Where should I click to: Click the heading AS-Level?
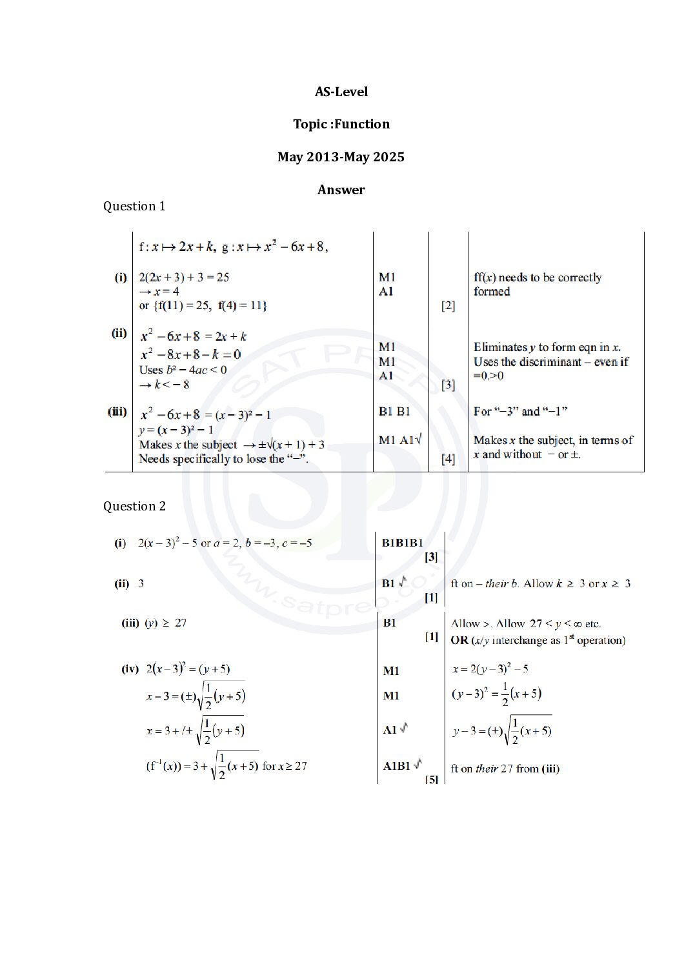click(x=341, y=92)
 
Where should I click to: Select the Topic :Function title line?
click(x=341, y=124)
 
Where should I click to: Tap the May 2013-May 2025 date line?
click(x=341, y=157)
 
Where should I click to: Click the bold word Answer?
click(x=341, y=190)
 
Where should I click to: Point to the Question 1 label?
click(x=134, y=206)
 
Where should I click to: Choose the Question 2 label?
click(x=134, y=506)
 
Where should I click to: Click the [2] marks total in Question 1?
click(x=448, y=305)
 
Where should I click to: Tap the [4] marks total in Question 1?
click(x=448, y=459)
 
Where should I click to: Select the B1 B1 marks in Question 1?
click(x=394, y=412)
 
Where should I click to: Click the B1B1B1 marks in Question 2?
click(x=402, y=543)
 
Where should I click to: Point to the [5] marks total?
click(x=432, y=779)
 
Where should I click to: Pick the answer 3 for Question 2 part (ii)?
click(x=141, y=583)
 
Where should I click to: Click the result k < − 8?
click(x=165, y=385)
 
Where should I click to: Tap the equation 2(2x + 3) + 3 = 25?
click(x=184, y=277)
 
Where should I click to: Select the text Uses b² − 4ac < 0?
click(x=183, y=370)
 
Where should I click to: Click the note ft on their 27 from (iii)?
click(x=505, y=769)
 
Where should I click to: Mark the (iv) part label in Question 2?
click(x=130, y=669)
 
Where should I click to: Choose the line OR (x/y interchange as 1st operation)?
click(x=538, y=640)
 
